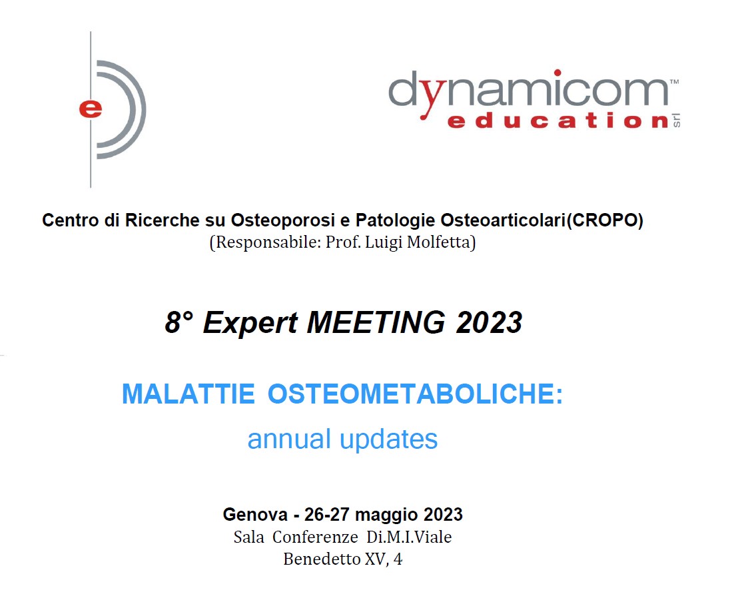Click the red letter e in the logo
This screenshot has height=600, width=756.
click(91, 109)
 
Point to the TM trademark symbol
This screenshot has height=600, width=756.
click(675, 81)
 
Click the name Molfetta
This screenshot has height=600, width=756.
click(441, 242)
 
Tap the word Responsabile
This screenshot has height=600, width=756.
click(265, 242)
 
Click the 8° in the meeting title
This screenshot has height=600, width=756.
click(179, 322)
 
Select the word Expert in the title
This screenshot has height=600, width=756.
click(250, 324)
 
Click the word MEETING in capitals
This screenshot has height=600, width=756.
click(376, 322)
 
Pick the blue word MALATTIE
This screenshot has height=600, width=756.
click(188, 394)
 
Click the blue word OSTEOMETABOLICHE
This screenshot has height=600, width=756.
click(415, 394)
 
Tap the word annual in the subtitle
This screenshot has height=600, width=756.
click(289, 439)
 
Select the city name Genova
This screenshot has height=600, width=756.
click(255, 515)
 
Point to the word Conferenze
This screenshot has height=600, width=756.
click(315, 537)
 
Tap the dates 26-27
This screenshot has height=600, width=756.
click(327, 515)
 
